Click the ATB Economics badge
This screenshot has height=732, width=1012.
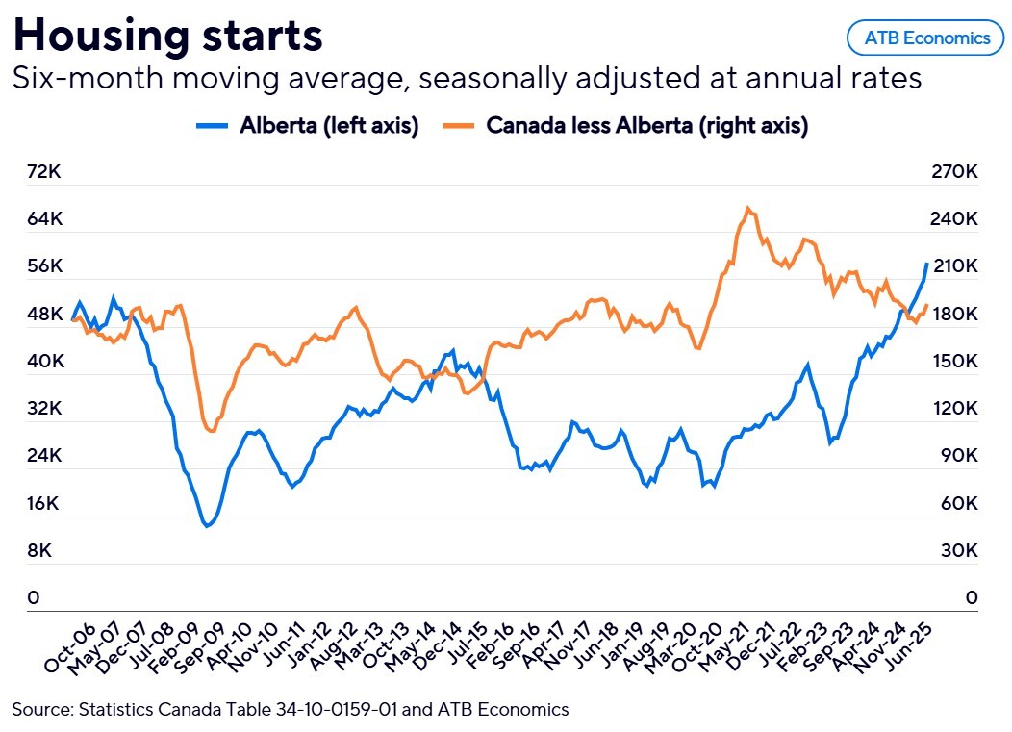tap(925, 38)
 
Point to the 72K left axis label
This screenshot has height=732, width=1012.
tap(44, 172)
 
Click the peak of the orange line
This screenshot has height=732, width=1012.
tap(748, 207)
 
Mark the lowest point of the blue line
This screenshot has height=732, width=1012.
tap(206, 526)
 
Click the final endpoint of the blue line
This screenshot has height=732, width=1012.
tap(926, 264)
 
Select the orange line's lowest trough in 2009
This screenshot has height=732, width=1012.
tap(212, 432)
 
